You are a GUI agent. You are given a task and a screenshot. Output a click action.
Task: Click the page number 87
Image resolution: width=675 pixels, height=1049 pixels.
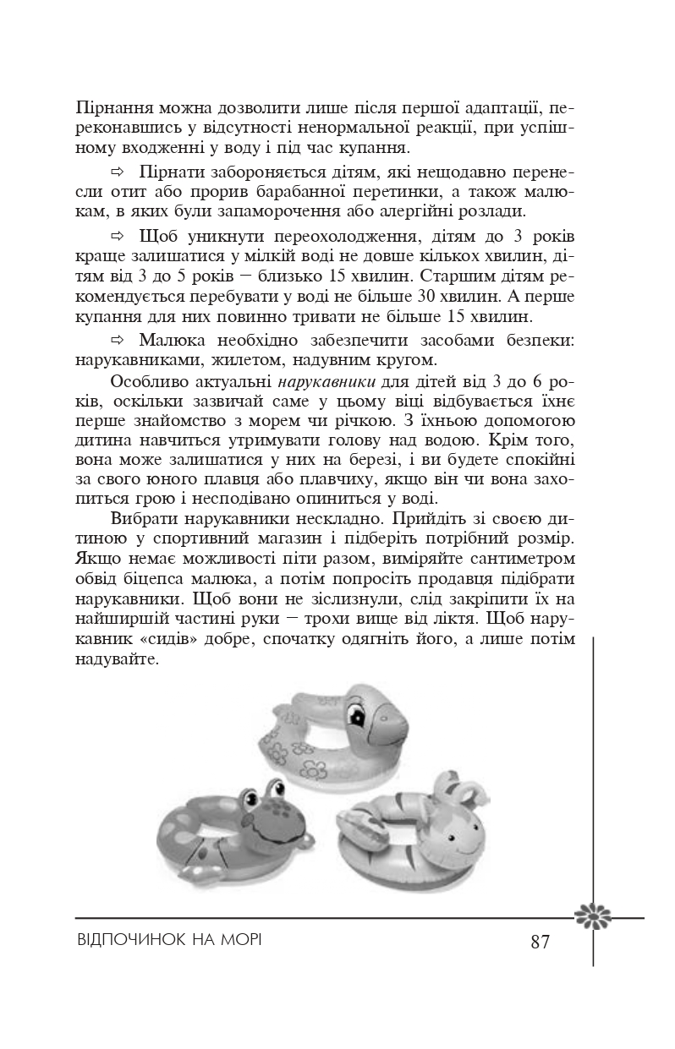pyautogui.click(x=541, y=942)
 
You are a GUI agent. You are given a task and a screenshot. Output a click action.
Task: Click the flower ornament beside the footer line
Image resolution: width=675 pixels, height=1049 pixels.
pyautogui.click(x=592, y=915)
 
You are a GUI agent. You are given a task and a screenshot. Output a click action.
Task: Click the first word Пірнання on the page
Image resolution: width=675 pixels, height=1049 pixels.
pyautogui.click(x=111, y=109)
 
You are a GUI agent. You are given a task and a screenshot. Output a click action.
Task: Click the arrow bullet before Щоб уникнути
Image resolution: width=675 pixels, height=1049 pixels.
pyautogui.click(x=118, y=235)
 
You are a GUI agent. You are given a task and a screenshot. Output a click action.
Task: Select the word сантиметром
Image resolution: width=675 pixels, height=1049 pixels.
pyautogui.click(x=516, y=558)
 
